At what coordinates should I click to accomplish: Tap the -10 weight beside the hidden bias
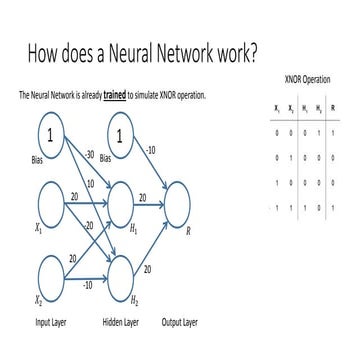(x=152, y=150)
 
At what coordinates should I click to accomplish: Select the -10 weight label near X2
(x=88, y=284)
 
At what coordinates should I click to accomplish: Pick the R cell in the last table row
(x=333, y=207)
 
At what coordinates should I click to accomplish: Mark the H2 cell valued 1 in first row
(x=318, y=129)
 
